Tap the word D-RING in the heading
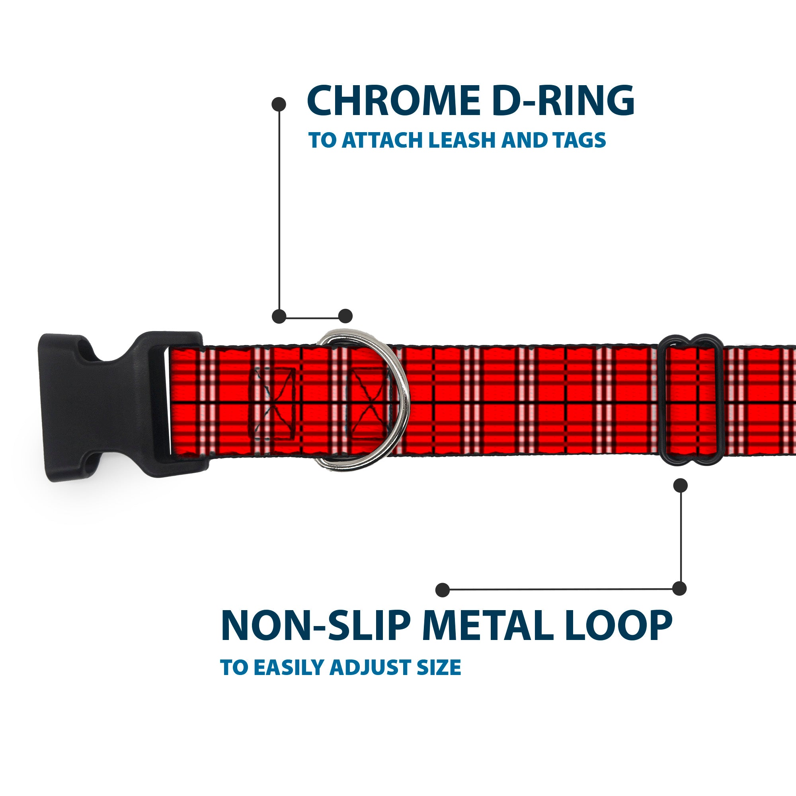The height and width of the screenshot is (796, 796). [563, 101]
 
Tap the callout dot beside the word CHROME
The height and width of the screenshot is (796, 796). [279, 104]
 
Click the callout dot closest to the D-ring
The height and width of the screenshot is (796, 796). [345, 316]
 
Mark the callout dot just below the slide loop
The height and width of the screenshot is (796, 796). [680, 485]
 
